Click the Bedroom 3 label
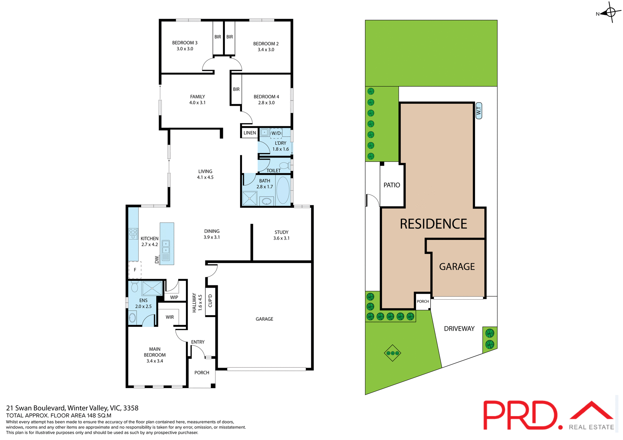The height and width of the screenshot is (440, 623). click(x=185, y=43)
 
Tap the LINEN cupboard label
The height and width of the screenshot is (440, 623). click(x=250, y=133)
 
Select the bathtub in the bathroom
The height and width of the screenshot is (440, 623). click(x=283, y=190)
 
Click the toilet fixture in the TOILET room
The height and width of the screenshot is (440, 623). click(x=285, y=165)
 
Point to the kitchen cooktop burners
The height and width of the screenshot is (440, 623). click(x=133, y=233)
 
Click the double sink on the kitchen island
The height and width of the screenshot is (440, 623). click(x=166, y=247)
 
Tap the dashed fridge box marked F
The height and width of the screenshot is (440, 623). click(x=135, y=270)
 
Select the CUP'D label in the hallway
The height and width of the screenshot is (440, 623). click(x=210, y=301)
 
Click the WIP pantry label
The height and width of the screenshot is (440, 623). click(x=174, y=297)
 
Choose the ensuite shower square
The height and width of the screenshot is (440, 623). click(x=152, y=288)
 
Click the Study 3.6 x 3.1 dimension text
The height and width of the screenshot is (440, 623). click(x=281, y=238)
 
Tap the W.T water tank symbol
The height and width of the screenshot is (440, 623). click(x=479, y=111)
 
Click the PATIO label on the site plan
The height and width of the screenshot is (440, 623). click(x=392, y=185)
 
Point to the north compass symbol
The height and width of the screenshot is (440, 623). click(x=610, y=13)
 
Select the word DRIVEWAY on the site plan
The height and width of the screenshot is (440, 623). click(x=459, y=329)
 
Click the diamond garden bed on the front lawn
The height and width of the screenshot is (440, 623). click(x=393, y=353)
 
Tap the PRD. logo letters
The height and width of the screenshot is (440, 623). click(x=521, y=416)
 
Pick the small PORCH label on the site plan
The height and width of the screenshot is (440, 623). click(x=423, y=302)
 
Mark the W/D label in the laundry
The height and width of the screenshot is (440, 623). click(x=276, y=133)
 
